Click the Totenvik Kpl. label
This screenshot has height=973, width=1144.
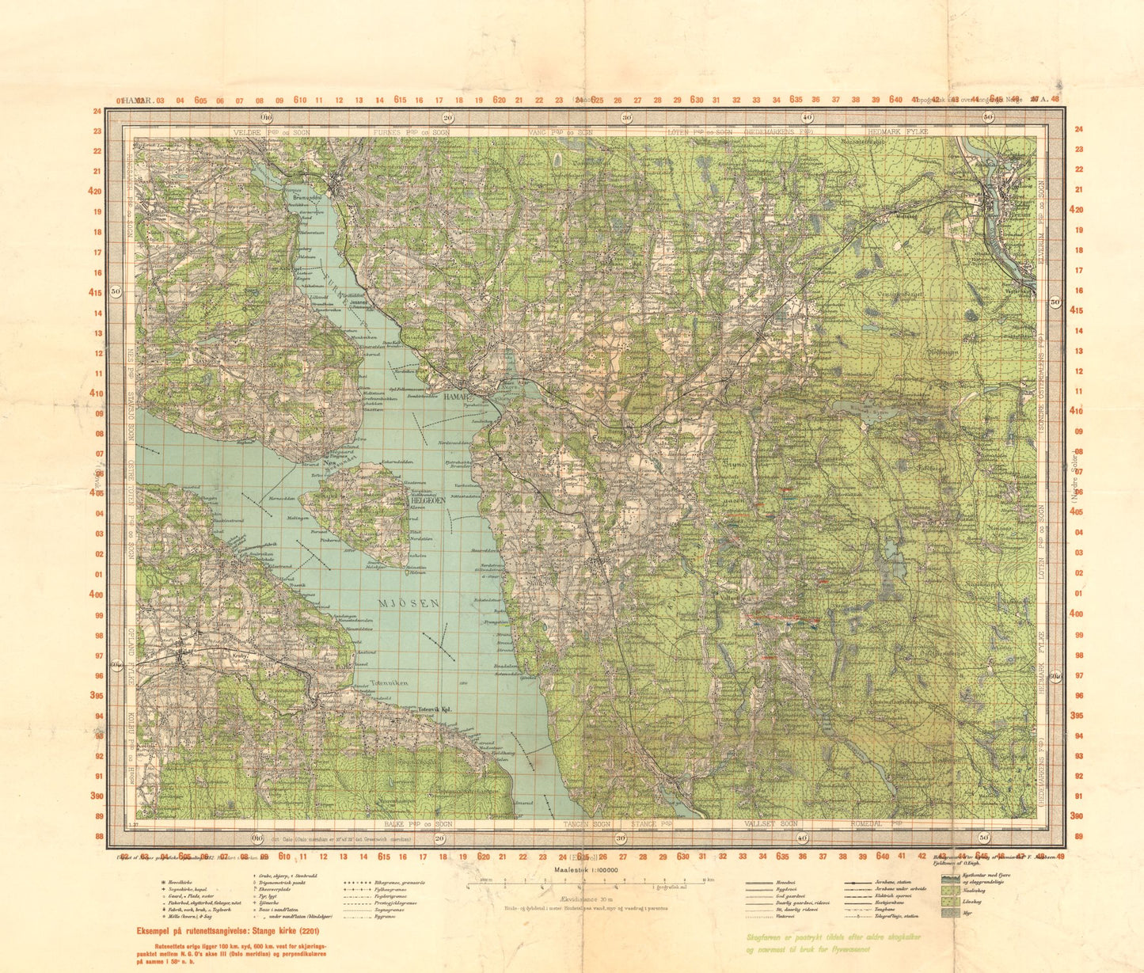pyautogui.click(x=434, y=710)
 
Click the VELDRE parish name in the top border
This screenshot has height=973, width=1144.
pyautogui.click(x=248, y=132)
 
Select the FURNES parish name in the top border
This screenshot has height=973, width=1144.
pyautogui.click(x=392, y=132)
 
